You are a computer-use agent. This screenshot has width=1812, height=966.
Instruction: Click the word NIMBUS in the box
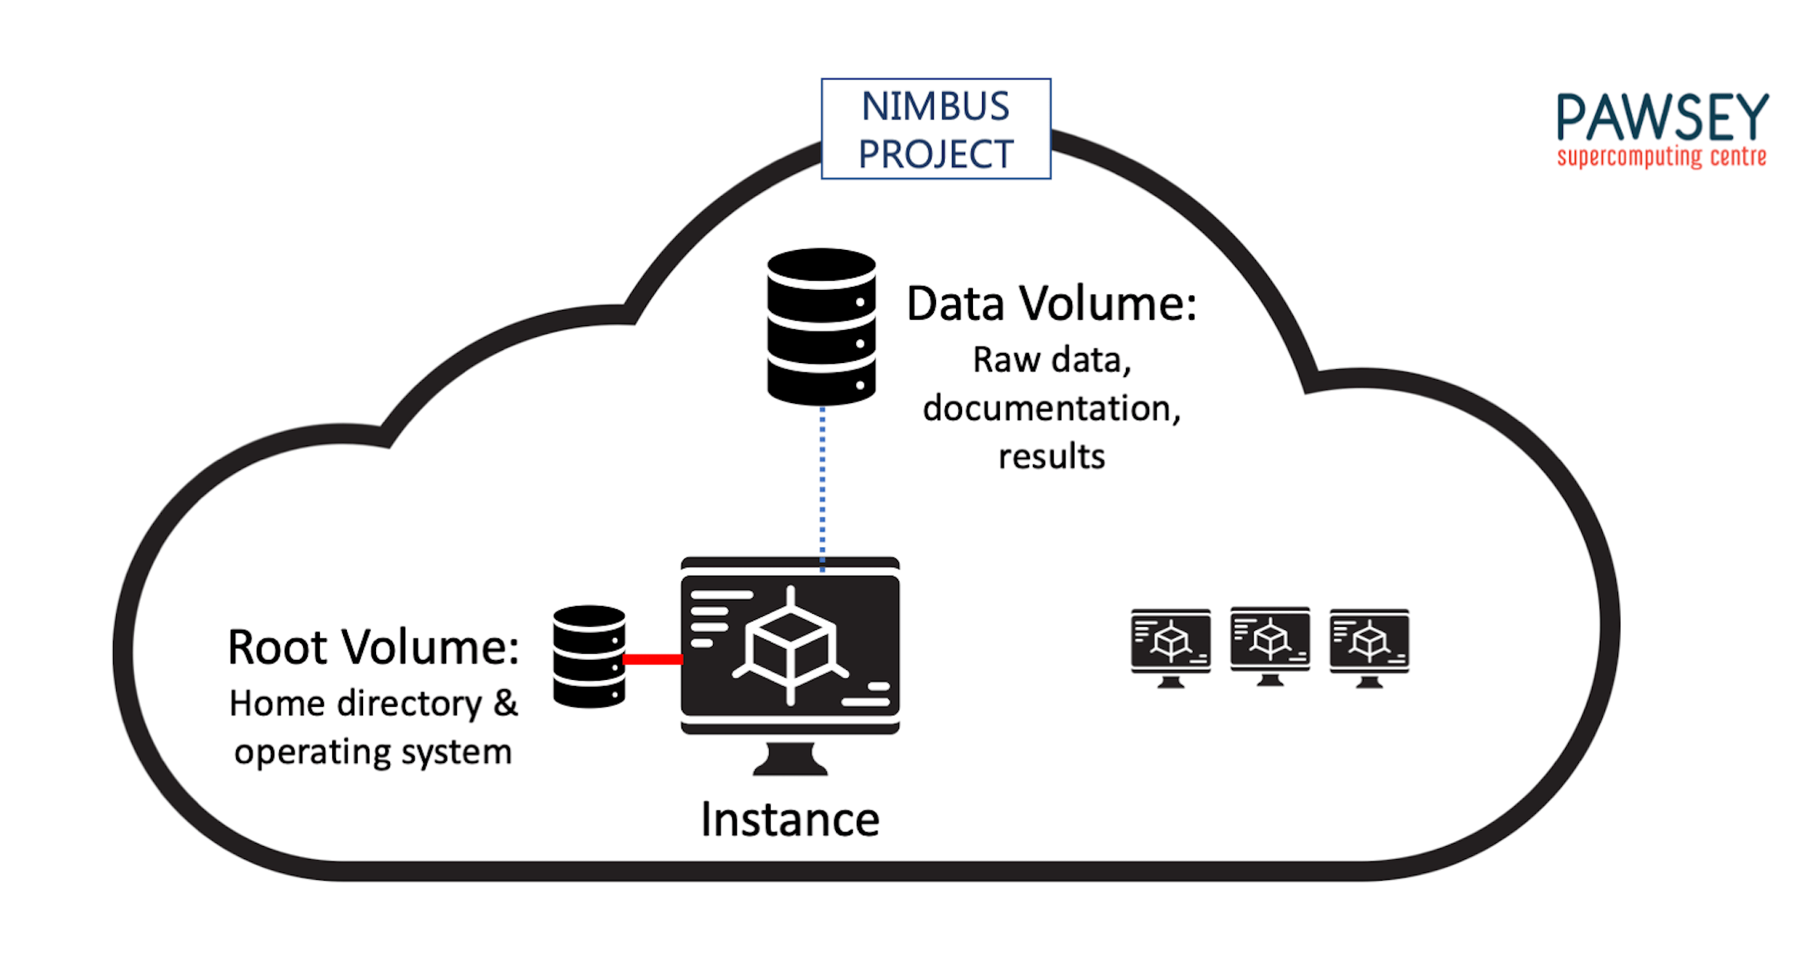[934, 106]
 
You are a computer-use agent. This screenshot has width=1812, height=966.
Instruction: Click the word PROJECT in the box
[935, 155]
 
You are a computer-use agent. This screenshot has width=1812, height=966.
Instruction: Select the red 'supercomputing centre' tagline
[1661, 157]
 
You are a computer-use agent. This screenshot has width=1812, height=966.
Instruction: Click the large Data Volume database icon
[821, 326]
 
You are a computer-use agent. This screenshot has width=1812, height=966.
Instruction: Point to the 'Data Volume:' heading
[1051, 304]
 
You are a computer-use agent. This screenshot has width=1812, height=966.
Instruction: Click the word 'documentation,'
[1051, 408]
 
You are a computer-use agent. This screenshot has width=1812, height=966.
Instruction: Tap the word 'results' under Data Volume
[1051, 457]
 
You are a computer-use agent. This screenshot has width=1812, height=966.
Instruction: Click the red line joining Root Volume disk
[652, 659]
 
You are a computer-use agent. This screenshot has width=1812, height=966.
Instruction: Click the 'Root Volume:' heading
[373, 647]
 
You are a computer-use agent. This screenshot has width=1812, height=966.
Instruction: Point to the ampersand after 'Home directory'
[505, 703]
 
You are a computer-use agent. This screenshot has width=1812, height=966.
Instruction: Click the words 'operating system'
[373, 751]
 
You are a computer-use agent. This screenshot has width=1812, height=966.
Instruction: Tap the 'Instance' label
[790, 820]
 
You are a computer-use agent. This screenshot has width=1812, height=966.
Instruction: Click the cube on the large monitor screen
[791, 646]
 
